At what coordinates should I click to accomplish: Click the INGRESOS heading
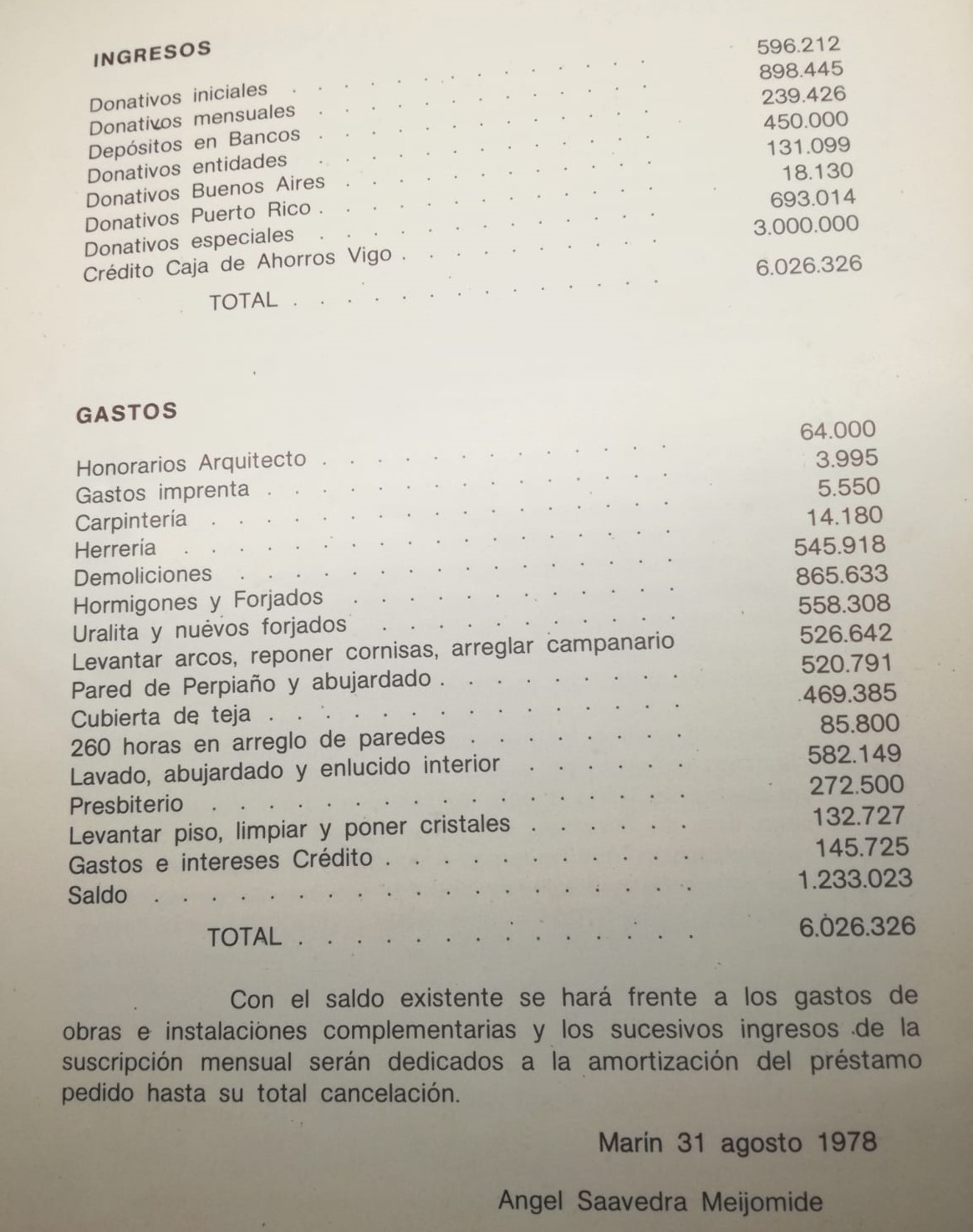[151, 53]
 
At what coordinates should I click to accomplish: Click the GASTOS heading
[125, 412]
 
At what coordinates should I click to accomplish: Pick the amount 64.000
[838, 430]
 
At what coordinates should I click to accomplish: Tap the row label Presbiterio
[125, 806]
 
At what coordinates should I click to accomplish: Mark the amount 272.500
[856, 785]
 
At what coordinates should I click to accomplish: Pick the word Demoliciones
[143, 576]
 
